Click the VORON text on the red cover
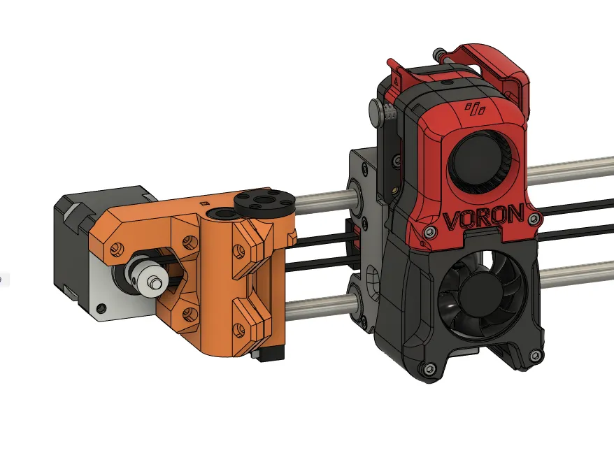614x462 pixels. pos(483,217)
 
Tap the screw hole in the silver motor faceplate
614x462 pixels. pos(102,306)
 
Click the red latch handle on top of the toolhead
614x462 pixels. pos(490,59)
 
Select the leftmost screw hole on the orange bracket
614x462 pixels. pos(117,246)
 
